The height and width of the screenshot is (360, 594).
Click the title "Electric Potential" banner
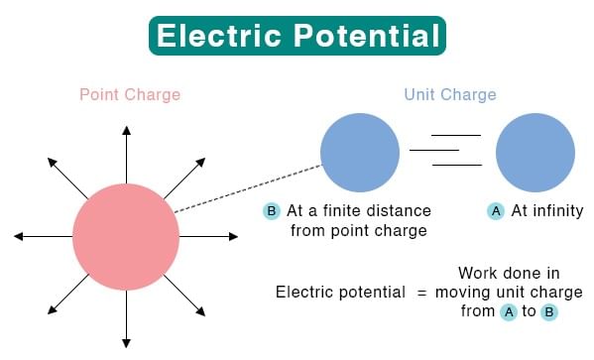[x=297, y=37]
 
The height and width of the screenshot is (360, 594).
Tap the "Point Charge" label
[x=130, y=95]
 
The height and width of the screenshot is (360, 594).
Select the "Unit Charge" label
[x=450, y=95]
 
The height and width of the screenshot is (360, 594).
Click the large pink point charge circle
[x=126, y=237]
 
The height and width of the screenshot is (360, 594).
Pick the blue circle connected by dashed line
[x=360, y=153]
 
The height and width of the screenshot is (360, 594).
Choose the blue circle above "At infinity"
[x=535, y=153]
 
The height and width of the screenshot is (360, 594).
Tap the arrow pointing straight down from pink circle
[x=126, y=317]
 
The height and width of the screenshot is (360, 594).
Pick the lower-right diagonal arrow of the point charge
[x=184, y=297]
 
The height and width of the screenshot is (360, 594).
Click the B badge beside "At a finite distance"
[x=272, y=211]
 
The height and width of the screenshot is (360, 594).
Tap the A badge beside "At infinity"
[x=496, y=211]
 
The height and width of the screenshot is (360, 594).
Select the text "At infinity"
[x=546, y=211]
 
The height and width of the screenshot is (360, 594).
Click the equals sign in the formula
[x=420, y=292]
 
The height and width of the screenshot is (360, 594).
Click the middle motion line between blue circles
[x=434, y=150]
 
